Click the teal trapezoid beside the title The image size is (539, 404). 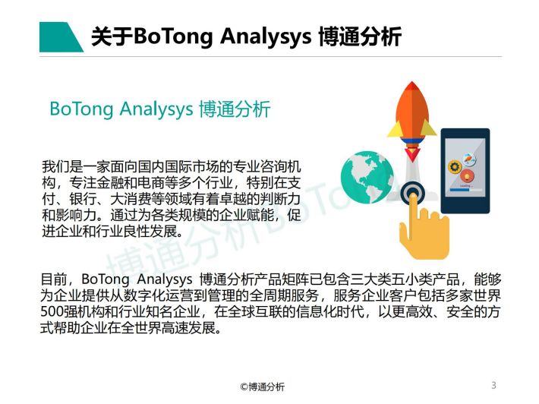58,37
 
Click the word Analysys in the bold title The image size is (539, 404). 266,36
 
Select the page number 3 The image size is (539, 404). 493,385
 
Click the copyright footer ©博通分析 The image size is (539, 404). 262,387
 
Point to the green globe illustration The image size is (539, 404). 367,178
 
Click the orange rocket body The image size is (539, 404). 411,111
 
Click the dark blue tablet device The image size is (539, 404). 465,171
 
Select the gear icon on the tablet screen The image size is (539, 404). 455,167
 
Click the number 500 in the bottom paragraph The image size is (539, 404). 51,312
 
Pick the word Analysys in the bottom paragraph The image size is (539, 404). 164,279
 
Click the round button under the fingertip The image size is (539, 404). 412,193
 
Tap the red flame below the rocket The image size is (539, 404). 411,153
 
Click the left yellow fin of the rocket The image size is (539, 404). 394,128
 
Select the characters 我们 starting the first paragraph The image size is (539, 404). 55,167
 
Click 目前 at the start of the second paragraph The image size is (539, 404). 54,279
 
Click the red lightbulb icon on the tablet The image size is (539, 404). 467,176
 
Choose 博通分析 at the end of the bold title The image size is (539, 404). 360,36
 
